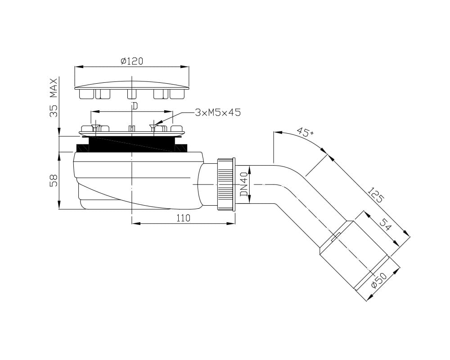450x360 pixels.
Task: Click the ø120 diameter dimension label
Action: point(131,61)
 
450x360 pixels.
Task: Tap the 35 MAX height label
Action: point(54,98)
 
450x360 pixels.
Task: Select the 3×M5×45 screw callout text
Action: point(217,112)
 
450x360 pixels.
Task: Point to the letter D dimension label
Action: point(135,106)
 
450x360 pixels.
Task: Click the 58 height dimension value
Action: point(54,180)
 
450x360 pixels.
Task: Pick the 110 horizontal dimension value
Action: point(183,218)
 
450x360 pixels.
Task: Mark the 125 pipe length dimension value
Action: point(376,195)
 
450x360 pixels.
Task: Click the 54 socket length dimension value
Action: point(385,225)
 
